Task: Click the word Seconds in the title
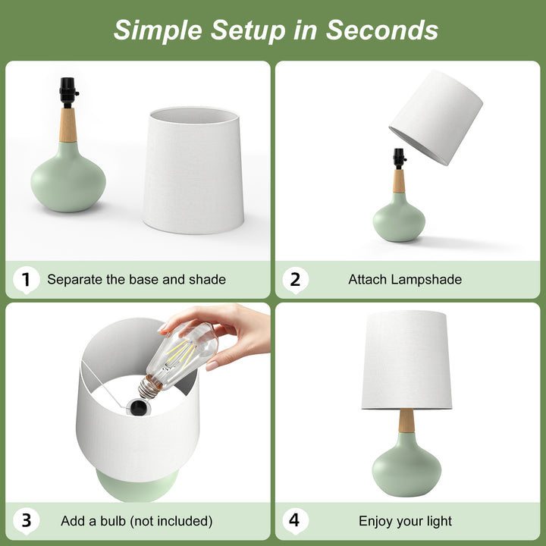[382, 30]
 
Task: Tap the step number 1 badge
[26, 280]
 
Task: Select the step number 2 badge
[295, 280]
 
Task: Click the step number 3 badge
[26, 521]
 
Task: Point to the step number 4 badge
[295, 521]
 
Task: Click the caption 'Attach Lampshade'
[405, 280]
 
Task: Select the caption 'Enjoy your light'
[405, 521]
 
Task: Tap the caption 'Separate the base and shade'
[136, 280]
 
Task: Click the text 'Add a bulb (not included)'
[136, 521]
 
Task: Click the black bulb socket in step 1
[68, 93]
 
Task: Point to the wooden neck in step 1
[68, 125]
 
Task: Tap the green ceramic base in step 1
[68, 178]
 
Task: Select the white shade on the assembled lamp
[406, 360]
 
